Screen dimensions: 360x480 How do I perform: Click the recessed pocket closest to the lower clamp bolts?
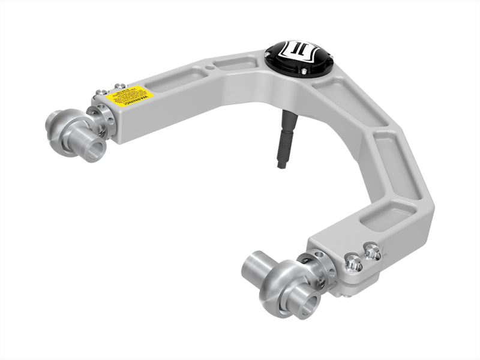[x=379, y=217]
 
